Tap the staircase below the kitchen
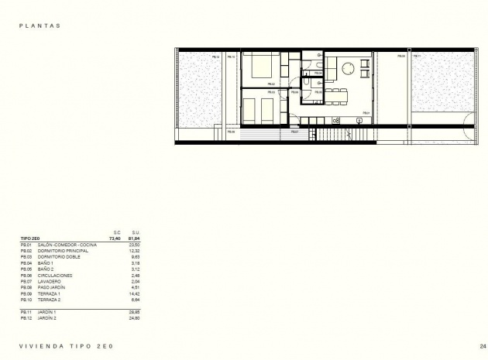tap(334, 135)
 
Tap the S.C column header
tap(118, 232)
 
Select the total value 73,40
tap(118, 238)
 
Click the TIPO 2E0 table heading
tap(32, 238)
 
